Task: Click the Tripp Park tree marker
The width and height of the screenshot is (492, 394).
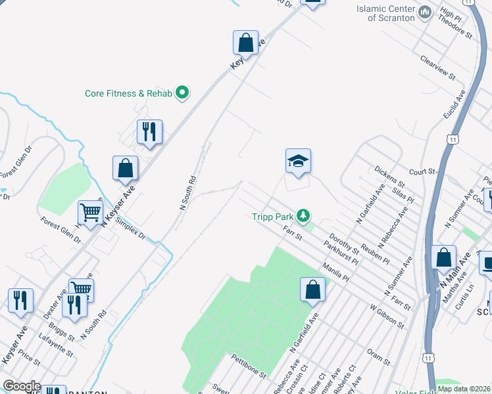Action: click(x=303, y=215)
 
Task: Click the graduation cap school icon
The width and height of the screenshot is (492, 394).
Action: click(x=298, y=161)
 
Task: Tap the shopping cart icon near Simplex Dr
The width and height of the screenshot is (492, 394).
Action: click(x=90, y=212)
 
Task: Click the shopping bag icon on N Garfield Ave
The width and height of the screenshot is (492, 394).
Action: click(x=313, y=290)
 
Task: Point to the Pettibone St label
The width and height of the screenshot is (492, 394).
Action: click(x=248, y=366)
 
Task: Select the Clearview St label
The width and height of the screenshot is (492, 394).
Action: click(x=438, y=67)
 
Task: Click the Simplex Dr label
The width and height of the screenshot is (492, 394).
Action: click(x=130, y=229)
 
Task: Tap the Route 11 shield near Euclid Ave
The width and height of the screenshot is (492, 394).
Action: click(x=452, y=139)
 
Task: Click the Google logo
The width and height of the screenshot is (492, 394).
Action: click(x=22, y=387)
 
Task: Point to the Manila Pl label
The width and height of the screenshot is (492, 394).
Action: click(x=336, y=272)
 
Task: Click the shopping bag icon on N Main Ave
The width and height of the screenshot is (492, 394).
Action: click(x=444, y=257)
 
